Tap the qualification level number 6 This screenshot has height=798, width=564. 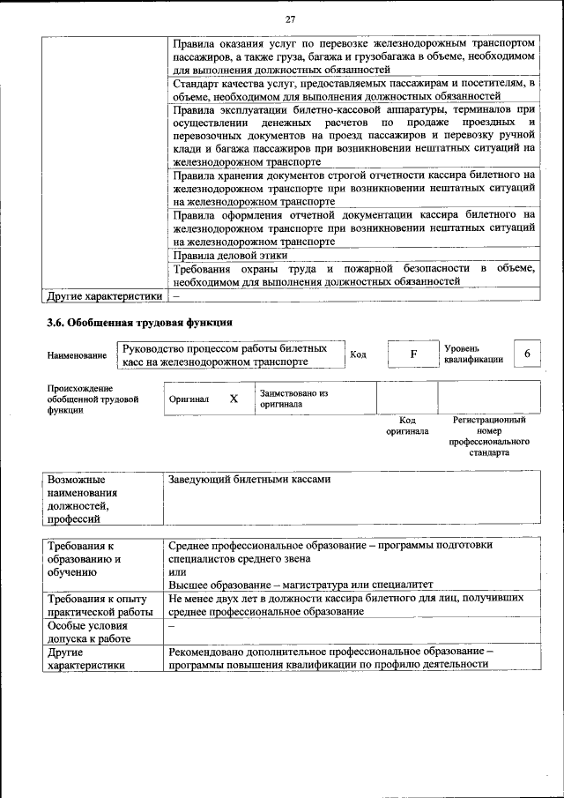(x=527, y=354)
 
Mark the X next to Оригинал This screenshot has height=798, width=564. (x=234, y=399)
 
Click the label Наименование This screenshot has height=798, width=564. (x=77, y=355)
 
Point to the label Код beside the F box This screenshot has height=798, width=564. (x=358, y=354)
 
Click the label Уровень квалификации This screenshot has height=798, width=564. (x=473, y=354)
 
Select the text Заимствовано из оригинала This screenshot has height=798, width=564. (x=293, y=399)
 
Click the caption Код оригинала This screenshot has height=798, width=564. (x=407, y=426)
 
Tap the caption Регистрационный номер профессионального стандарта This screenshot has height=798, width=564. (x=488, y=436)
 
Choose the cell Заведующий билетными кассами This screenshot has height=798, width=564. (x=249, y=480)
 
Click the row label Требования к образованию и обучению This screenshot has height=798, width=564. (x=84, y=559)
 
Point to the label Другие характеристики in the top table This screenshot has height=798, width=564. (x=105, y=295)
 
